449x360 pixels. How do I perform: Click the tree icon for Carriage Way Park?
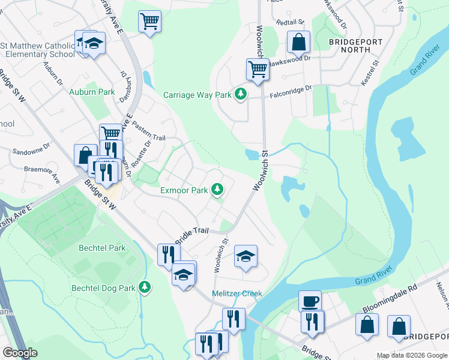pyautogui.click(x=241, y=94)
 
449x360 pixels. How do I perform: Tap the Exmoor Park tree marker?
pyautogui.click(x=217, y=190)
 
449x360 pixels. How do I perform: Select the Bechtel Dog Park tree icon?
pyautogui.click(x=144, y=287)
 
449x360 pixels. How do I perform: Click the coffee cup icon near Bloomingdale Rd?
pyautogui.click(x=310, y=301)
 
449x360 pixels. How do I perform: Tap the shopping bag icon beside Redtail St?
pyautogui.click(x=298, y=42)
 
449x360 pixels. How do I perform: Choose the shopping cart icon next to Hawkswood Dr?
pyautogui.click(x=258, y=69)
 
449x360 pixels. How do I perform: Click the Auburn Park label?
pyautogui.click(x=92, y=92)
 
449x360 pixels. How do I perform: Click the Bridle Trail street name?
pyautogui.click(x=191, y=235)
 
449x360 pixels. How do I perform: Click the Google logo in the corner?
pyautogui.click(x=20, y=353)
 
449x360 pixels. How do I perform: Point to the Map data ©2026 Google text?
pyautogui.click(x=411, y=356)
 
